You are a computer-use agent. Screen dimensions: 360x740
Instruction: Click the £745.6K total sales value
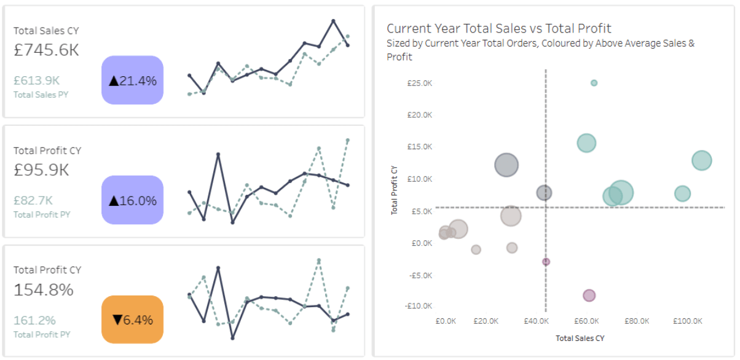coord(47,50)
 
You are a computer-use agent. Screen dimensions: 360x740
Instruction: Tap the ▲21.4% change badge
coord(132,80)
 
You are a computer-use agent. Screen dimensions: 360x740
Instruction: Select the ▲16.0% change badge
coord(132,200)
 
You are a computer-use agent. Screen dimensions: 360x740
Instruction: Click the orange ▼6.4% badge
coord(132,319)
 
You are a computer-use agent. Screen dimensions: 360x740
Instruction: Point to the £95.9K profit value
coord(42,170)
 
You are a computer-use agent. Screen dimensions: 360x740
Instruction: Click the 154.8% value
coord(44,289)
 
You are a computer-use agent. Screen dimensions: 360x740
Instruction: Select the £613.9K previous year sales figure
coord(36,80)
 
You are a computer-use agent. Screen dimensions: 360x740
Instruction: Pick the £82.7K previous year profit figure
coord(33,200)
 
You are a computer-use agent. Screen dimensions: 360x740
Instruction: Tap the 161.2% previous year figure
coord(34,320)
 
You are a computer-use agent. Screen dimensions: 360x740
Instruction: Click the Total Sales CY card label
coord(46,31)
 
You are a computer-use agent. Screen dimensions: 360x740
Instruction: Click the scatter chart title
coord(498,28)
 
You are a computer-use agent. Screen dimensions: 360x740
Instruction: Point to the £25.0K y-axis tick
coord(420,83)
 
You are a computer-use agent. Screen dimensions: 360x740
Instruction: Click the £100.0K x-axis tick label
coord(687,321)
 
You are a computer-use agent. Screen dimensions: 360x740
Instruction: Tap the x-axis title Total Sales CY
coord(580,338)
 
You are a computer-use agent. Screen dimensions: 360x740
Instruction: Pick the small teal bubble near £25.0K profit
coord(594,83)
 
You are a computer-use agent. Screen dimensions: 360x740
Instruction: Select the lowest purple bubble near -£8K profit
coord(589,295)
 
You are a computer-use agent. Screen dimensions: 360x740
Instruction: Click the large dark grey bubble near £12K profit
coord(506,165)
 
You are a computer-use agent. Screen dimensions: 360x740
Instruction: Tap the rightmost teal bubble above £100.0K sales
coord(701,161)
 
